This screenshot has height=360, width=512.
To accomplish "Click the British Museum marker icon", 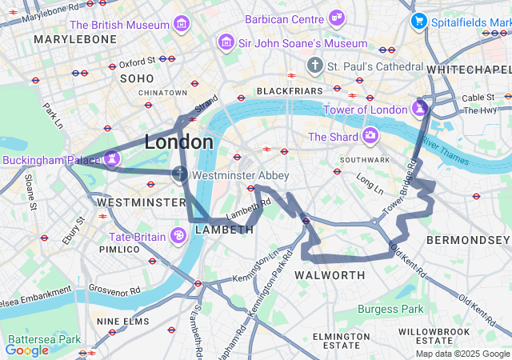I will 182,24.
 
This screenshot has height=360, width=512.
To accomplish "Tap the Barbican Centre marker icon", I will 337,17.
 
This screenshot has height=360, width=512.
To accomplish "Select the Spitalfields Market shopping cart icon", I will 418,21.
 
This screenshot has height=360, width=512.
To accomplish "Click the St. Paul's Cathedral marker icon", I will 316,65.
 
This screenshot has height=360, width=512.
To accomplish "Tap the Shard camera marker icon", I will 370,136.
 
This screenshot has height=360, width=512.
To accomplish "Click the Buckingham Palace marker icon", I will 113,158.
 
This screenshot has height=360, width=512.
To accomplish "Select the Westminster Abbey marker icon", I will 181,174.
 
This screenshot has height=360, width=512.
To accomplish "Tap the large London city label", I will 178,142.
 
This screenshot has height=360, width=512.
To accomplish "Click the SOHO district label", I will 136,78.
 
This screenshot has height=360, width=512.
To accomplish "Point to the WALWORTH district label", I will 330,275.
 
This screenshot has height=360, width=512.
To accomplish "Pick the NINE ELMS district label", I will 118,321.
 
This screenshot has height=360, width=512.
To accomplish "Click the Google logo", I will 26,350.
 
